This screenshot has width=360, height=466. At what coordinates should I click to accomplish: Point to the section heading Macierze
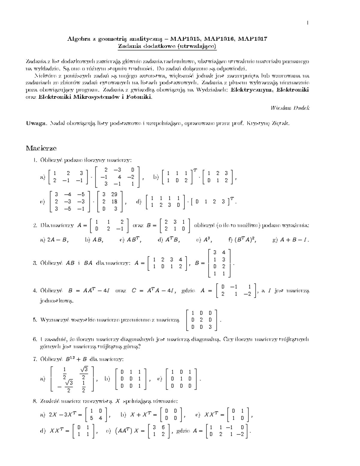pos(41,148)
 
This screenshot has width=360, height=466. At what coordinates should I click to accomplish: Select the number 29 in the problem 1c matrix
pos(114,194)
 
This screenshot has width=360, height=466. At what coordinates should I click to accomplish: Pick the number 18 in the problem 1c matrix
pos(114,202)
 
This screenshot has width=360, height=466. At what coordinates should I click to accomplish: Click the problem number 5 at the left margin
pos(34,320)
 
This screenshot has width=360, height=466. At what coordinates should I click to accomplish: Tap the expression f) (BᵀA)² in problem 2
pos(242,240)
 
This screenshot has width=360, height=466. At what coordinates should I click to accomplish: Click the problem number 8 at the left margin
pos(34,401)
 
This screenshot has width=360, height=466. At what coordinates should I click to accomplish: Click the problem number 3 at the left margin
pos(34,263)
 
